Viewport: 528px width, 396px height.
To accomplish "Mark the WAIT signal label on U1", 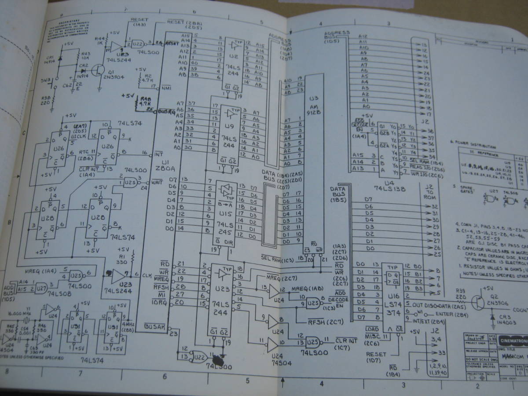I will pos(157,180).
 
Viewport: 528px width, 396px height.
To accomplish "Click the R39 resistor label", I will pos(461,291).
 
